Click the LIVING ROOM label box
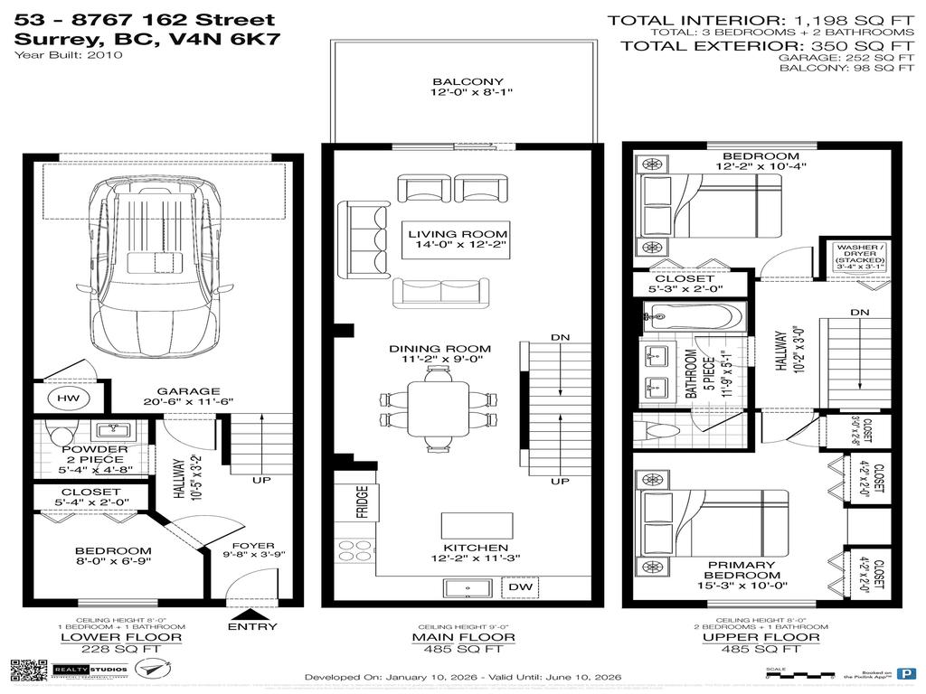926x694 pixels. point(457,238)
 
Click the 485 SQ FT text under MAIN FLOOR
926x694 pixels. point(467,650)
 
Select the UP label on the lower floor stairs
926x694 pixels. point(261,480)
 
